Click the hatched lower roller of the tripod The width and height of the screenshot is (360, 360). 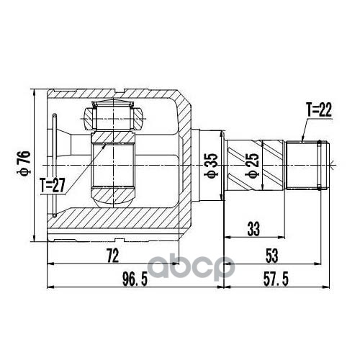tap(112, 192)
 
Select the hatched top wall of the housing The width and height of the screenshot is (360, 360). tap(115, 94)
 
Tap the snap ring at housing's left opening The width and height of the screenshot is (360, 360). tap(54, 164)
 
